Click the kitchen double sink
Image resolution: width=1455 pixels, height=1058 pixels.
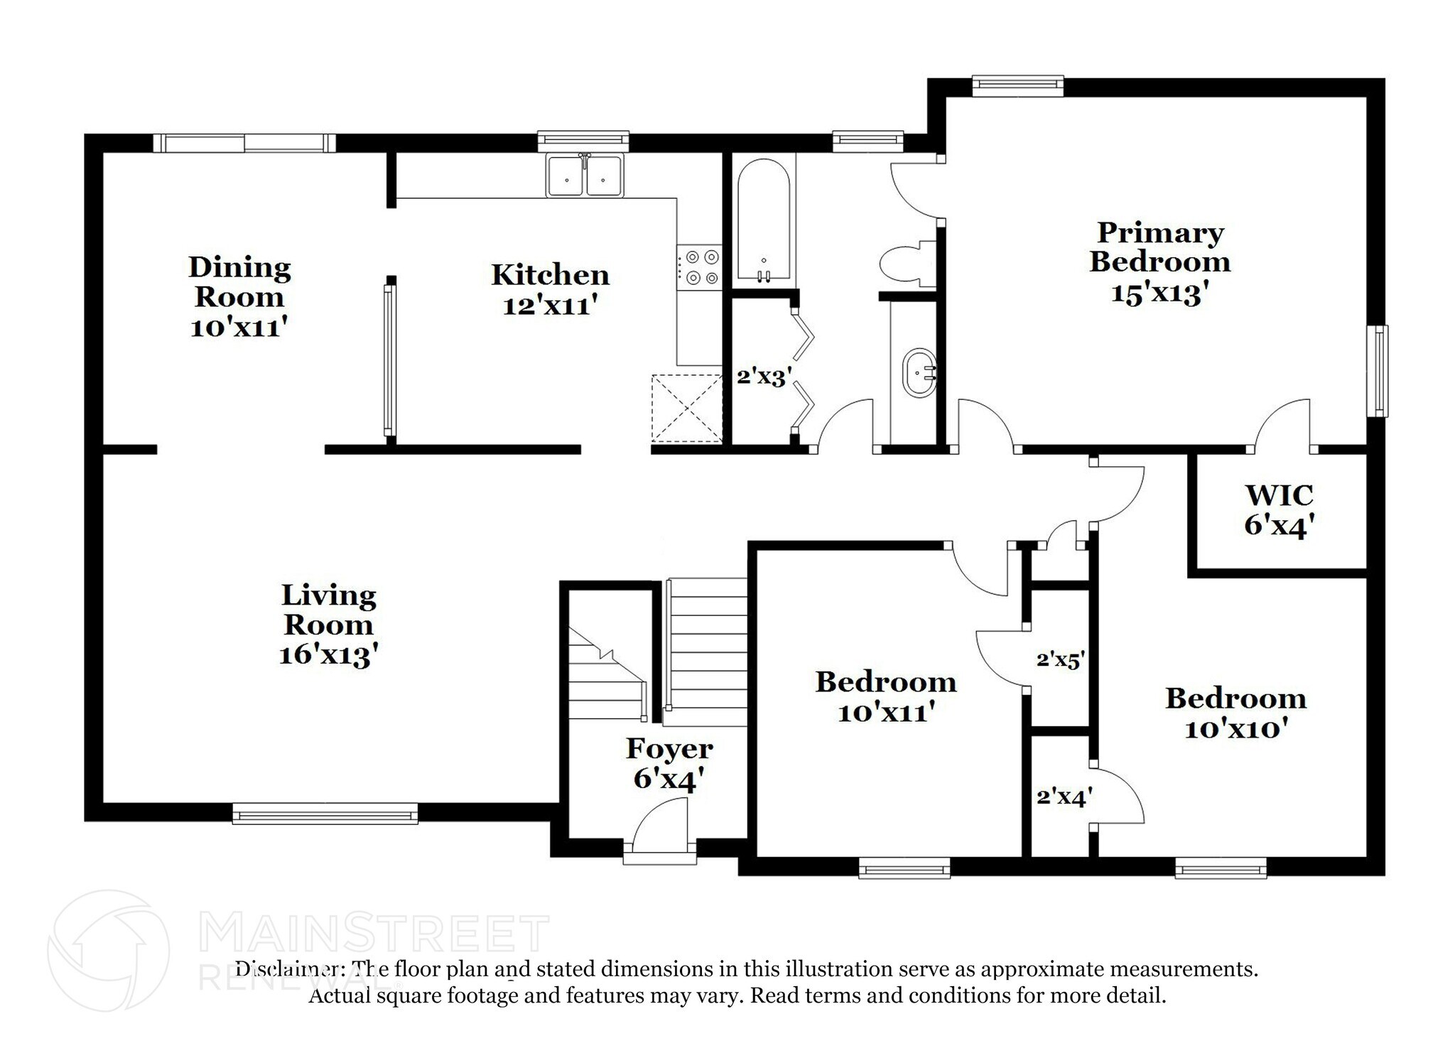click(584, 176)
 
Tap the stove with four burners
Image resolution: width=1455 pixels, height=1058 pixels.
click(698, 267)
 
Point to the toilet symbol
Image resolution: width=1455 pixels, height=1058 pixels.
click(907, 264)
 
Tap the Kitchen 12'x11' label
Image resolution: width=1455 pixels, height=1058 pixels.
click(550, 290)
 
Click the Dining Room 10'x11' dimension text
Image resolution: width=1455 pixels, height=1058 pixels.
click(239, 328)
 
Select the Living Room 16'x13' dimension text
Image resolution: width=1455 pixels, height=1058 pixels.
click(328, 654)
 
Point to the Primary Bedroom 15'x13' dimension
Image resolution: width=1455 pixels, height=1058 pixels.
click(1159, 293)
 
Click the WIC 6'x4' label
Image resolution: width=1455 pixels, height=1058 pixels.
click(1278, 510)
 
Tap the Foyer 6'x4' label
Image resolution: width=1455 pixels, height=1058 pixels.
click(669, 763)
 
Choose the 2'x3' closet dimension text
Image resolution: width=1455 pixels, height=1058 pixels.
click(764, 376)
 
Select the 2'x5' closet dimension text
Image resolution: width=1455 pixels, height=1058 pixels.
click(1059, 660)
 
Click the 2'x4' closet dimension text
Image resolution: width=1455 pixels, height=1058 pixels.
click(1064, 797)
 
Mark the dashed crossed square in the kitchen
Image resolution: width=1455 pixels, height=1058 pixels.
click(686, 409)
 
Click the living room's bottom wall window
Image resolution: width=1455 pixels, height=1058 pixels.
click(325, 813)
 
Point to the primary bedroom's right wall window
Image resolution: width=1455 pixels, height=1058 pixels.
click(1378, 371)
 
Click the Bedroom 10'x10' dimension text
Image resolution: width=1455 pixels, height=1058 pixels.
click(1235, 729)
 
